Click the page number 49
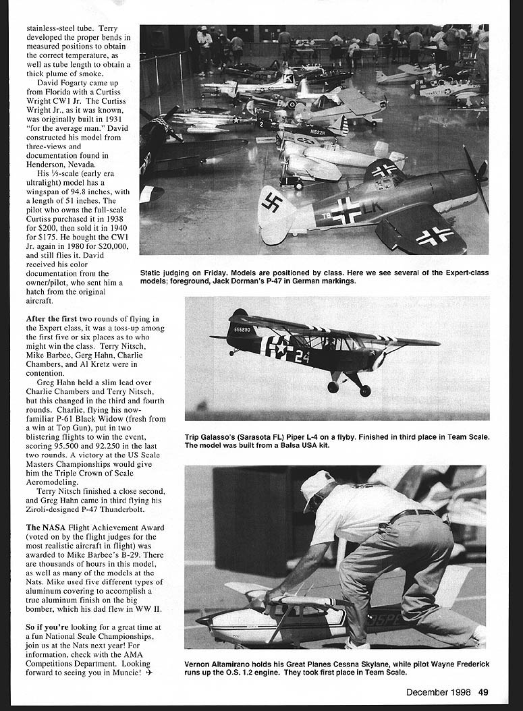coord(484,691)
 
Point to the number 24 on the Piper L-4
coord(302,355)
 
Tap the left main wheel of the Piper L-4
coord(333,387)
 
